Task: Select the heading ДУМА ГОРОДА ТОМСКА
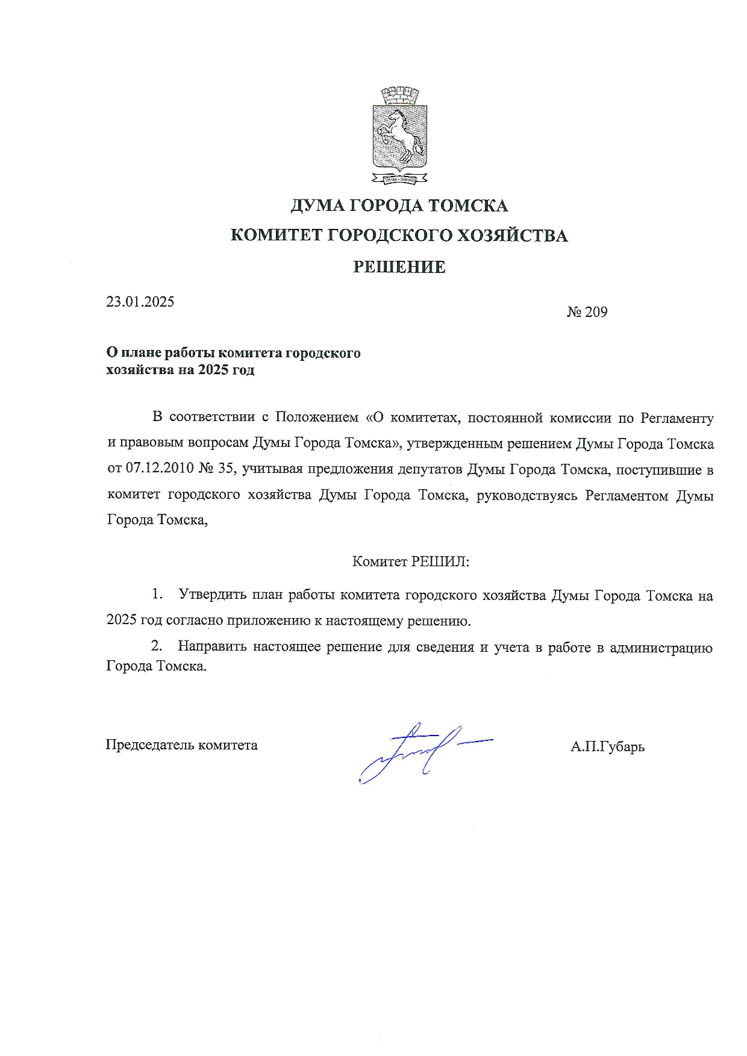coord(399,206)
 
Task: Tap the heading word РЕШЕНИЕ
coord(399,267)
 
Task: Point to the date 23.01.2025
coord(140,302)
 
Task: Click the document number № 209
coord(587,312)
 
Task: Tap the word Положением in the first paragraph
coord(316,417)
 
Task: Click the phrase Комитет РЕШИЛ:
coord(410,561)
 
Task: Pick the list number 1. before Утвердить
coord(157,595)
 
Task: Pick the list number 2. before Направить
coord(157,646)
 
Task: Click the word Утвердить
coord(213,595)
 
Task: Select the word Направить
coord(212,647)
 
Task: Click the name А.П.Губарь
coord(607,747)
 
